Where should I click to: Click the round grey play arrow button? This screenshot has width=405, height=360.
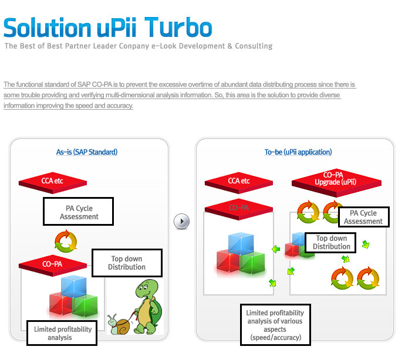click(x=182, y=221)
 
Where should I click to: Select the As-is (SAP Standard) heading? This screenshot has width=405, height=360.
click(x=87, y=152)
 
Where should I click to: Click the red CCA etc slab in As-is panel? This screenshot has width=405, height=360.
click(x=52, y=181)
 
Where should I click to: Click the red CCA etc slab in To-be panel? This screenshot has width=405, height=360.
click(x=239, y=181)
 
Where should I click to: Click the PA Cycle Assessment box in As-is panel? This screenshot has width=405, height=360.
click(x=79, y=212)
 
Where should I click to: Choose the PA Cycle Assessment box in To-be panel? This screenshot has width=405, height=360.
click(x=363, y=218)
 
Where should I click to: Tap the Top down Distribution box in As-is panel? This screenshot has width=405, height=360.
click(x=126, y=263)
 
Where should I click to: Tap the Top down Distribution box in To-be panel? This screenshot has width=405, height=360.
click(x=332, y=243)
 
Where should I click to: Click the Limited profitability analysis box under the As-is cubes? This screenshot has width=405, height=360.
click(x=62, y=333)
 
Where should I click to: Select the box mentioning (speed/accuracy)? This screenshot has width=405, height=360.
click(x=275, y=325)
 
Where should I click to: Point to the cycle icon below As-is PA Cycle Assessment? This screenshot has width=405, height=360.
click(x=65, y=241)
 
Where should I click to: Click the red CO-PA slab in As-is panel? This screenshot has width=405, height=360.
click(x=52, y=264)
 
